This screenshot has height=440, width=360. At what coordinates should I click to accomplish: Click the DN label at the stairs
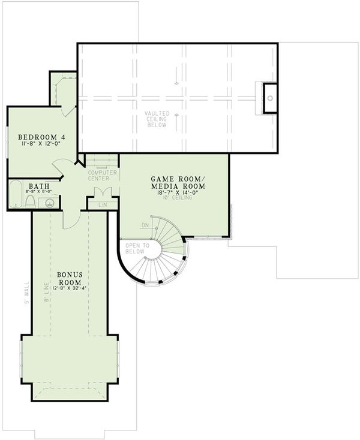pyautogui.click(x=145, y=225)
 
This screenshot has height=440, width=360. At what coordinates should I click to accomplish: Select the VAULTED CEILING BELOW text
pyautogui.click(x=157, y=120)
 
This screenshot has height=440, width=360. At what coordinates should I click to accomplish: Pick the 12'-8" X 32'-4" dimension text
pyautogui.click(x=70, y=288)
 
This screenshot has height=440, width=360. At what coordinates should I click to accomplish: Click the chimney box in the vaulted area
pyautogui.click(x=269, y=97)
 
